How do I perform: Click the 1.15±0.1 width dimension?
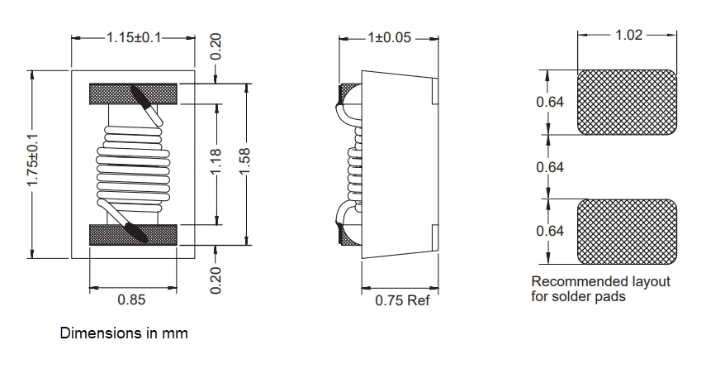point(133,38)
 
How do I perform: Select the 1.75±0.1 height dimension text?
point(34,164)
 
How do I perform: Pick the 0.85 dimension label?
point(132,300)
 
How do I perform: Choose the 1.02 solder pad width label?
point(629,36)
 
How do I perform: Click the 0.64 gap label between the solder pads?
point(550,167)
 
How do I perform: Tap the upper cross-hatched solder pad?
point(628,103)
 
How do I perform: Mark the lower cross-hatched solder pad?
point(628,231)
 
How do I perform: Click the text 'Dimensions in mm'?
point(124,333)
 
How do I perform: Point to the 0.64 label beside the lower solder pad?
point(550,231)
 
